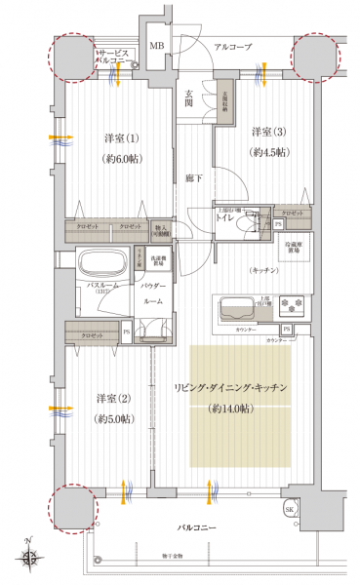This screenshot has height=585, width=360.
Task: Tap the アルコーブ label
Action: click(x=233, y=47)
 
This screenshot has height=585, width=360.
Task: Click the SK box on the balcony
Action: click(x=289, y=510)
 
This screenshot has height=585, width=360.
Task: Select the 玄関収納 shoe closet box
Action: click(x=224, y=103)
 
